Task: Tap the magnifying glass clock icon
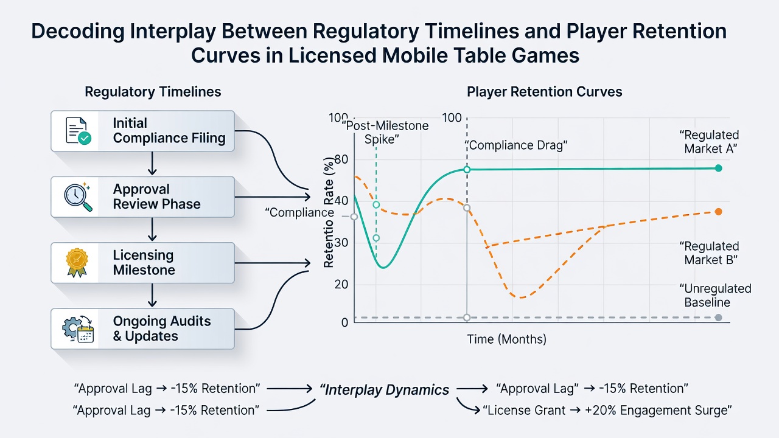click(78, 196)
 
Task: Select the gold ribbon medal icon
click(77, 262)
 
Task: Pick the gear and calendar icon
click(78, 329)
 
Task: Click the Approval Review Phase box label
click(156, 196)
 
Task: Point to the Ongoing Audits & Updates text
click(162, 328)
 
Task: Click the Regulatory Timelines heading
click(153, 92)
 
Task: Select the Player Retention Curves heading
click(544, 92)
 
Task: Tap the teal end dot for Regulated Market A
click(719, 169)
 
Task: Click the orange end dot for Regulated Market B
click(719, 212)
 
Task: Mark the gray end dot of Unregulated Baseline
click(719, 318)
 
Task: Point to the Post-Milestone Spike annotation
click(385, 133)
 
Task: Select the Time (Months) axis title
click(506, 339)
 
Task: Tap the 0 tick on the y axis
click(344, 322)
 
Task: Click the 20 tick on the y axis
click(341, 284)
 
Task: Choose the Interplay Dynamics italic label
click(384, 390)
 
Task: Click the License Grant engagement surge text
click(607, 410)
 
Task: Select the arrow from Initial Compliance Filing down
click(152, 164)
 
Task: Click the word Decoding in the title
click(78, 31)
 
